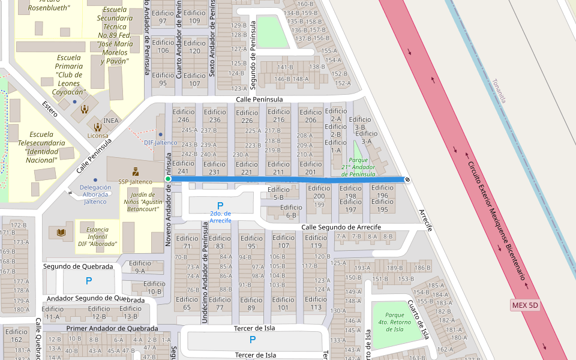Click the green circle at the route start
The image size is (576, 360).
pos(169,179)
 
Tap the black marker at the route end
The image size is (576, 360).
pos(407,179)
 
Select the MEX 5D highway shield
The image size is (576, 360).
pos(525,305)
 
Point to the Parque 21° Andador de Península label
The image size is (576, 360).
pos(358,167)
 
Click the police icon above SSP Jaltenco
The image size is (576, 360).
pos(136,170)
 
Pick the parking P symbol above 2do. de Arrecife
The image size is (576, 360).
pos(220,205)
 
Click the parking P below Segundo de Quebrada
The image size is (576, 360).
pos(89,281)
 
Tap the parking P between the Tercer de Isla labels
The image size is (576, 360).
pos(252,340)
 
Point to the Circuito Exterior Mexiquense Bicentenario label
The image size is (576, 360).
pos(497,221)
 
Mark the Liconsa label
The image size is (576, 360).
pos(98,136)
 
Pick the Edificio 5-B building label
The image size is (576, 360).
pos(278,193)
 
